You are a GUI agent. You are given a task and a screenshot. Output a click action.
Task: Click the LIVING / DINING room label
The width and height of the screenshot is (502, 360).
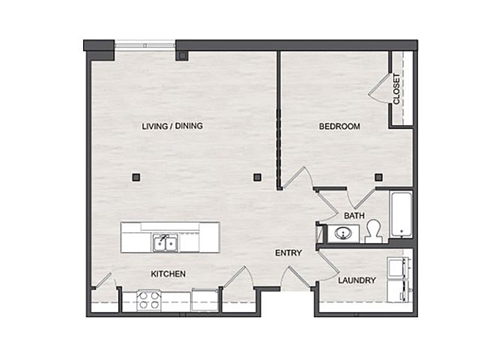(172, 126)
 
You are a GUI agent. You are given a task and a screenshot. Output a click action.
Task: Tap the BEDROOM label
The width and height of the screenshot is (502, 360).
(339, 126)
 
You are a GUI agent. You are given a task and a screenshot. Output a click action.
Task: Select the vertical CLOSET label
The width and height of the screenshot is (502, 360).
(396, 88)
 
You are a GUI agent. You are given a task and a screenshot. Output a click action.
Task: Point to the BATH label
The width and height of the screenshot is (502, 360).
(354, 216)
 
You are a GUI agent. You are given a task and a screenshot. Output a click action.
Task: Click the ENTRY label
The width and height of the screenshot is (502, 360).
(288, 253)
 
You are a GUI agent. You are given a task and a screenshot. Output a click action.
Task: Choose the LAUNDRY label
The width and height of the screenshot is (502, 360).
(357, 280)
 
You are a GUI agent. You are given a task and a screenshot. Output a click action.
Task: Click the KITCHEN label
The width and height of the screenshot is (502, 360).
(168, 274)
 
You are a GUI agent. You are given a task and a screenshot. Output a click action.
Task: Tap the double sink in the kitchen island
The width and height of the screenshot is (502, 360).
(165, 243)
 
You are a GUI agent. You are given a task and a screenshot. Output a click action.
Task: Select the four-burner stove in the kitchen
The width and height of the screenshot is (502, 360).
(149, 300)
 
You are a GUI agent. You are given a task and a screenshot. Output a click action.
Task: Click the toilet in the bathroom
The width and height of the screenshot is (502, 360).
(373, 232)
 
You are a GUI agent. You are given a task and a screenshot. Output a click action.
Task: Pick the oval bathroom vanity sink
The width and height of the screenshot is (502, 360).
(343, 233)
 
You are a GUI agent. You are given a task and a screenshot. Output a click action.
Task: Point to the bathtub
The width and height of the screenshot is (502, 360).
(401, 214)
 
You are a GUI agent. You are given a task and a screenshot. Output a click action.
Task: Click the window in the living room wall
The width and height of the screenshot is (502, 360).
(145, 45)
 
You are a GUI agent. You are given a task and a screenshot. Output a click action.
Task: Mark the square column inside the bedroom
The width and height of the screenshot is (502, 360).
(378, 177)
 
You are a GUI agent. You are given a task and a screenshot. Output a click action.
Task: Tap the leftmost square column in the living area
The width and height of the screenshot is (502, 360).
(136, 177)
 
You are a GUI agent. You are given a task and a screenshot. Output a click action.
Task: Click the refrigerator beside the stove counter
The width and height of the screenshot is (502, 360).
(205, 300)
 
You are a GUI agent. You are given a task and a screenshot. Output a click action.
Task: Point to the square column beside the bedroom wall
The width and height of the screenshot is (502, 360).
(257, 177)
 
